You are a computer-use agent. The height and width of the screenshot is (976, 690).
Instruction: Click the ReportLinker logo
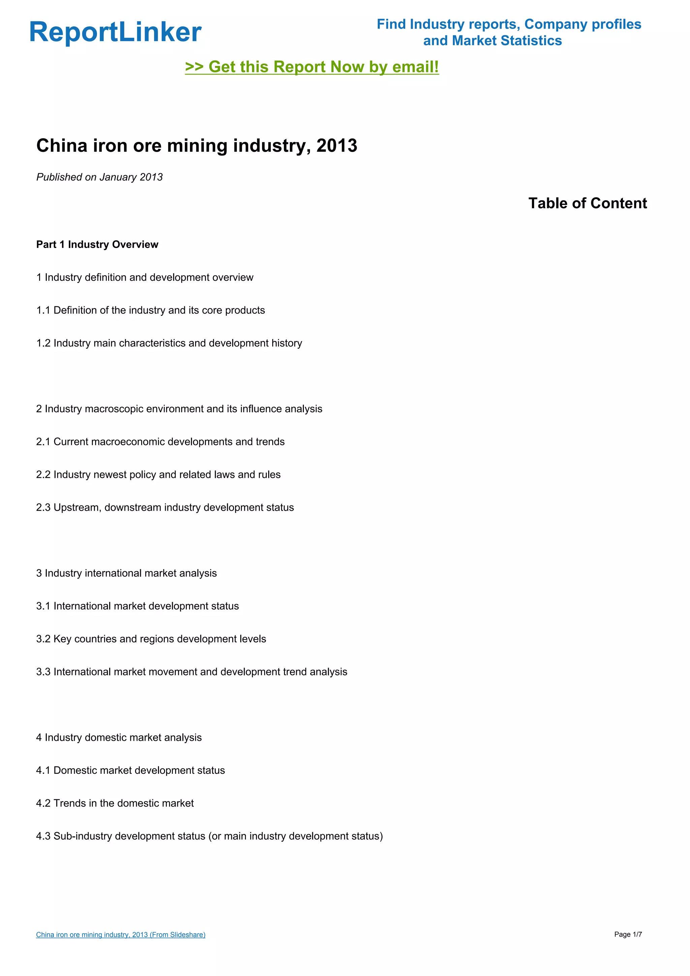115,32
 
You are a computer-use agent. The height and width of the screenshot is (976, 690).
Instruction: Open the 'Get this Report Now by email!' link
312,67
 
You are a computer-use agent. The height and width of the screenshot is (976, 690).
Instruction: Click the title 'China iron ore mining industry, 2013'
197,146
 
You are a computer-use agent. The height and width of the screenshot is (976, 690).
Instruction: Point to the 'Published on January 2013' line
99,177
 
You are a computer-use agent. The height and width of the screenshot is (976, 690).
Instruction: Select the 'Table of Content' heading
587,203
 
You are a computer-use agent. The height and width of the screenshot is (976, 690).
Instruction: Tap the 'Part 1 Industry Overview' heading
97,244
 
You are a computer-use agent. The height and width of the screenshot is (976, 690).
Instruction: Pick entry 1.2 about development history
169,343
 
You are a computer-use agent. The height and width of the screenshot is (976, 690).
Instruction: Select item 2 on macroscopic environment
179,409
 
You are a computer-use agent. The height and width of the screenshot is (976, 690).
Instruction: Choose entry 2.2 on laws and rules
158,475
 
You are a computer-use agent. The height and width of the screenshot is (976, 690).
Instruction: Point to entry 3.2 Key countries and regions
151,639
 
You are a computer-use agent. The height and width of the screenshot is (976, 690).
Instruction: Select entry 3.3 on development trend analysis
192,672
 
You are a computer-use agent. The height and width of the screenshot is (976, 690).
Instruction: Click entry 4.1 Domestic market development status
130,770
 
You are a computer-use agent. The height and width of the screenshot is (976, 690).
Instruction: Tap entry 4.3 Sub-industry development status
210,836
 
